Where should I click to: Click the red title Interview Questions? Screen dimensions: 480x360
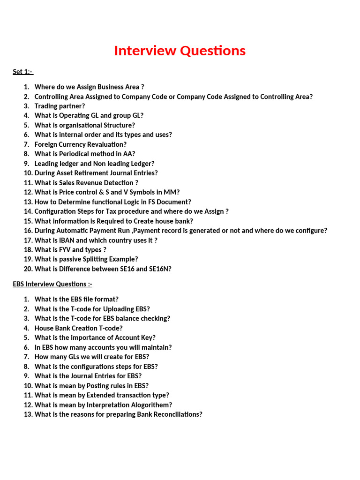click(x=180, y=51)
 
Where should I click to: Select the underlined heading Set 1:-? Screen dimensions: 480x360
click(x=22, y=72)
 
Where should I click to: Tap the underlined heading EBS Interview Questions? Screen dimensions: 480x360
click(x=52, y=284)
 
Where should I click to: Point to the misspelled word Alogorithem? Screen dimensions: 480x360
click(x=149, y=405)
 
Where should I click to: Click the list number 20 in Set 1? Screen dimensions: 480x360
click(x=28, y=269)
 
